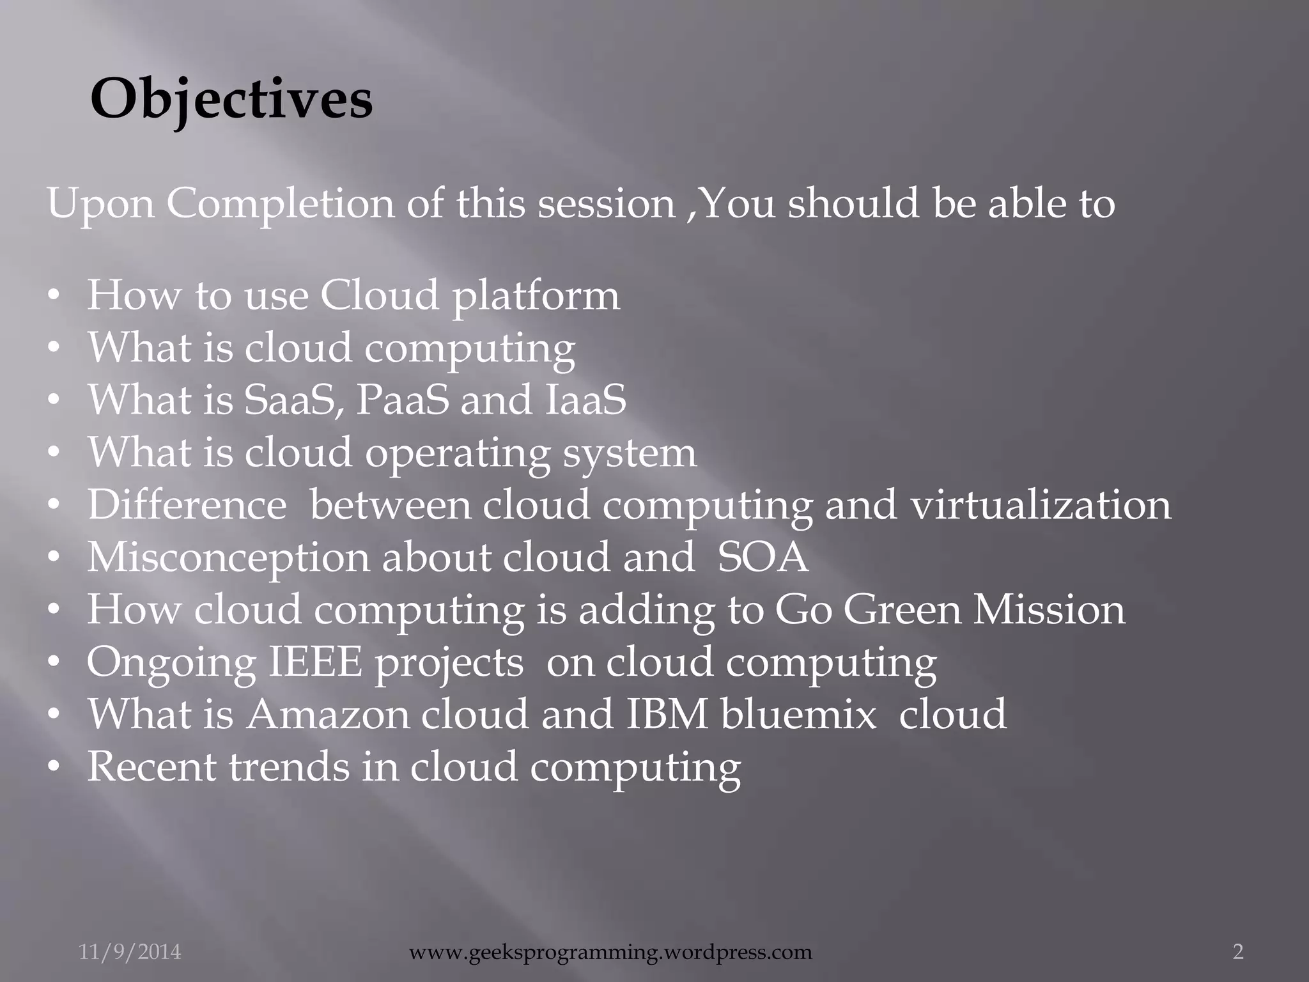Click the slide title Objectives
231,99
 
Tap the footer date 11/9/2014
130,952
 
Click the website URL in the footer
610,952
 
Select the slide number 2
1238,952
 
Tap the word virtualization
1041,505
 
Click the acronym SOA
763,557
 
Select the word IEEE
314,662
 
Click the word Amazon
327,715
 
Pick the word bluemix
798,715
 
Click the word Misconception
228,557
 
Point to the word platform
536,297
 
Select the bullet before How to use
55,297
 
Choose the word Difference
187,505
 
